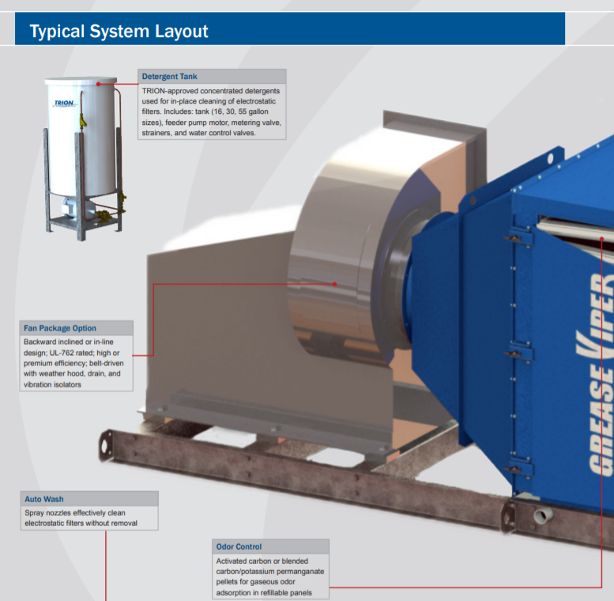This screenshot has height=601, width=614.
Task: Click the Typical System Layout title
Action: [119, 32]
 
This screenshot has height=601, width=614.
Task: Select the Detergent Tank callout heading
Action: [170, 77]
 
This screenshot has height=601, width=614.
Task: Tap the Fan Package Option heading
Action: [60, 328]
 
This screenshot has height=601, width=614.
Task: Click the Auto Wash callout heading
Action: [44, 499]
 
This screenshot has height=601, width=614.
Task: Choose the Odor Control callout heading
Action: [239, 546]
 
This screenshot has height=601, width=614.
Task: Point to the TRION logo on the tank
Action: [63, 104]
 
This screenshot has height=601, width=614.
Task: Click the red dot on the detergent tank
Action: [98, 83]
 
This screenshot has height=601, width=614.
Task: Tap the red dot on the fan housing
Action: [335, 283]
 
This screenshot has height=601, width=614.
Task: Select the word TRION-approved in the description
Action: [170, 91]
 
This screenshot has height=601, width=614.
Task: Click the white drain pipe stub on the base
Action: [543, 516]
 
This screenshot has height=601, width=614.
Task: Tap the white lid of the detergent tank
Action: [79, 82]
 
